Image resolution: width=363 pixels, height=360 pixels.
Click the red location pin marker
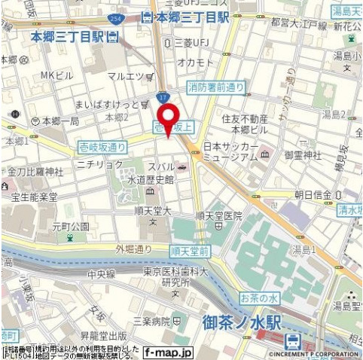[x=167, y=118]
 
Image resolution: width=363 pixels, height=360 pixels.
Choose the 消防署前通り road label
[x=216, y=88]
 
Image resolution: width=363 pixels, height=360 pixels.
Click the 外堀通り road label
[x=133, y=249]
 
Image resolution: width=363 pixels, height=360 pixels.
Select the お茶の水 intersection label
[x=259, y=298]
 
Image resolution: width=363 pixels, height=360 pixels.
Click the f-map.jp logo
[x=169, y=352]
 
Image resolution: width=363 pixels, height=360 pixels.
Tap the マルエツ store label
[x=127, y=75]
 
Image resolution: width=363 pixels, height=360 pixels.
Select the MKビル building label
[x=56, y=75]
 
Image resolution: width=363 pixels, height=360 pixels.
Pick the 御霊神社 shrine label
[x=304, y=154]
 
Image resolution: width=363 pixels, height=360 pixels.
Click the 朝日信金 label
[x=313, y=194]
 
